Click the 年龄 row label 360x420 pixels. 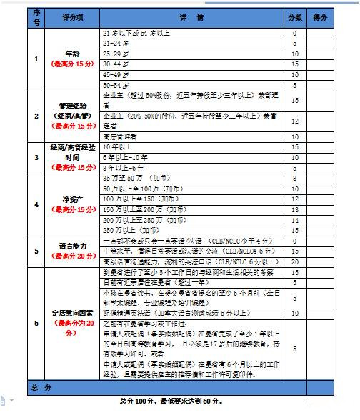pyautogui.click(x=69, y=54)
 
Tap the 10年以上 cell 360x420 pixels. pyautogui.click(x=119, y=146)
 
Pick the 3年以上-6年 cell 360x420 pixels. pyautogui.click(x=124, y=166)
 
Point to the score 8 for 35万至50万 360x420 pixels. pyautogui.click(x=294, y=176)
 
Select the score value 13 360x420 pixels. pyautogui.click(x=294, y=211)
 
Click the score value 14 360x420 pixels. pyautogui.click(x=294, y=221)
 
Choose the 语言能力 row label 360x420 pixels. pyautogui.click(x=69, y=247)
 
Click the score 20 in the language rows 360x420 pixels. pyautogui.click(x=294, y=262)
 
